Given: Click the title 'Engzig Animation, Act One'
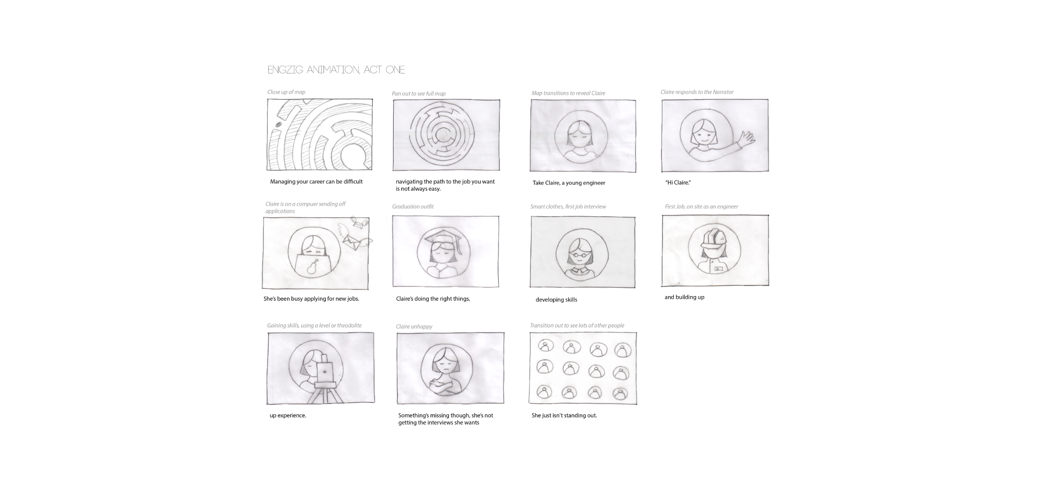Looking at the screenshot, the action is click(x=336, y=69).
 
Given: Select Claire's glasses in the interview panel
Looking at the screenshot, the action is click(x=582, y=255).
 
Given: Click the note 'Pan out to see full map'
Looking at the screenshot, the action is click(x=418, y=94).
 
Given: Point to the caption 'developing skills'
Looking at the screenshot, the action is click(x=556, y=300).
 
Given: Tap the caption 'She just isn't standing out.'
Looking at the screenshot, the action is click(x=564, y=415).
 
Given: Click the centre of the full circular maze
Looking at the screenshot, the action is click(x=442, y=135).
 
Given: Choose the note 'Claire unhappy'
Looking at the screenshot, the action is click(x=414, y=327).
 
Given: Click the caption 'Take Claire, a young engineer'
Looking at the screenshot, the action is click(x=569, y=183).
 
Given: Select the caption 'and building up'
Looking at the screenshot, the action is click(x=684, y=297).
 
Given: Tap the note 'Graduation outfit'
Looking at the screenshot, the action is click(x=413, y=207).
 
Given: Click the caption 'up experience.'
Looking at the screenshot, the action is click(x=288, y=415).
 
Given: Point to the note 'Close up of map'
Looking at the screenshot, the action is click(x=286, y=93).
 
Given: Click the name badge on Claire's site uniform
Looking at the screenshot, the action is click(x=718, y=268).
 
